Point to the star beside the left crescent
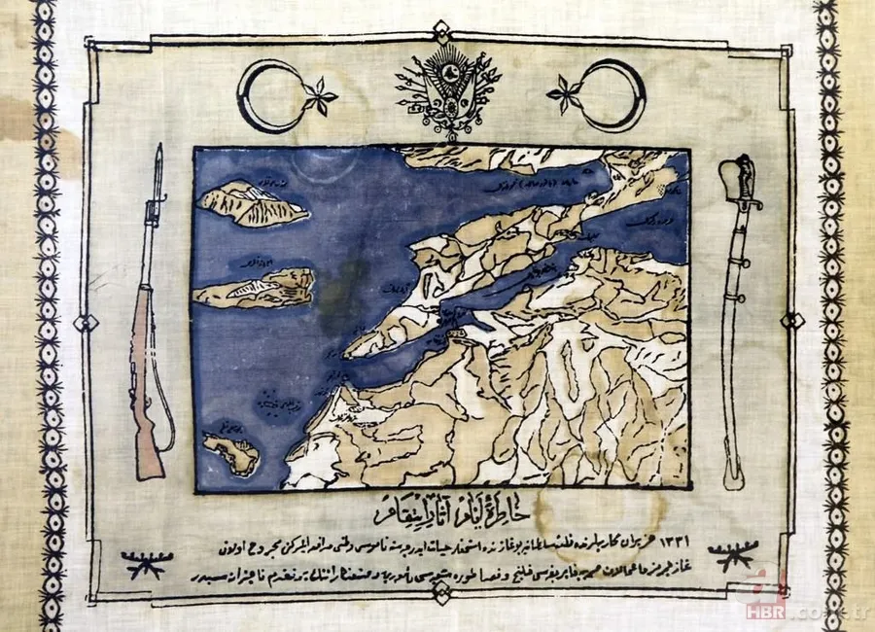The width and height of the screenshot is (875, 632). pyautogui.click(x=319, y=97)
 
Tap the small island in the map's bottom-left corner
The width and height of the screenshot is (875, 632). pyautogui.click(x=230, y=452)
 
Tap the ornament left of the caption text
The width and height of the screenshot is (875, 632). pyautogui.click(x=143, y=563)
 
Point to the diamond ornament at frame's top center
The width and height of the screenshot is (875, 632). pyautogui.click(x=441, y=31)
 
